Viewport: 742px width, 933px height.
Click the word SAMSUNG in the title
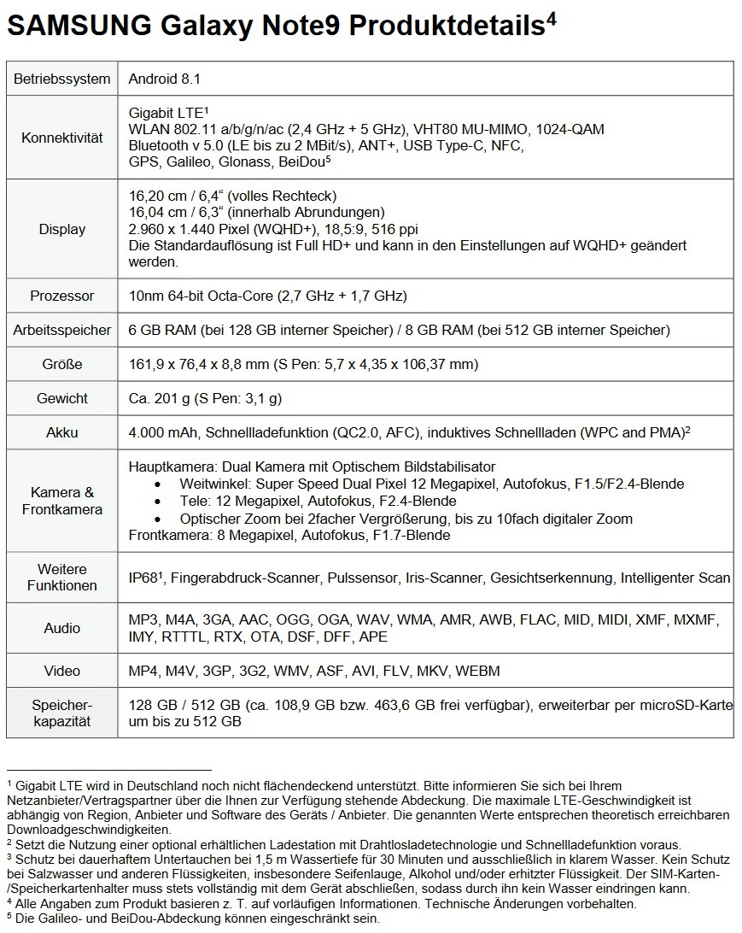78,27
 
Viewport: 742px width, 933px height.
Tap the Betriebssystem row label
62,79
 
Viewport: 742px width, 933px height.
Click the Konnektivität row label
62,137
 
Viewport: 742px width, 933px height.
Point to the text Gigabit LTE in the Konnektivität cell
166,113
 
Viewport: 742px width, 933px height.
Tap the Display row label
62,229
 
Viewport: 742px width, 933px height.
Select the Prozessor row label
62,296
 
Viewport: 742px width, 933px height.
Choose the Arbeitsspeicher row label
62,330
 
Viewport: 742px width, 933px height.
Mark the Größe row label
62,364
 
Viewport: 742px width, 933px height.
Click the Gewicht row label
62,398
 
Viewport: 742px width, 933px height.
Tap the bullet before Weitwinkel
158,484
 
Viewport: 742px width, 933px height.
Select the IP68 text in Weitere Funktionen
143,578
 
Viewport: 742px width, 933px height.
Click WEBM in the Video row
477,671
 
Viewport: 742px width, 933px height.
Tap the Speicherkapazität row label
62,713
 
